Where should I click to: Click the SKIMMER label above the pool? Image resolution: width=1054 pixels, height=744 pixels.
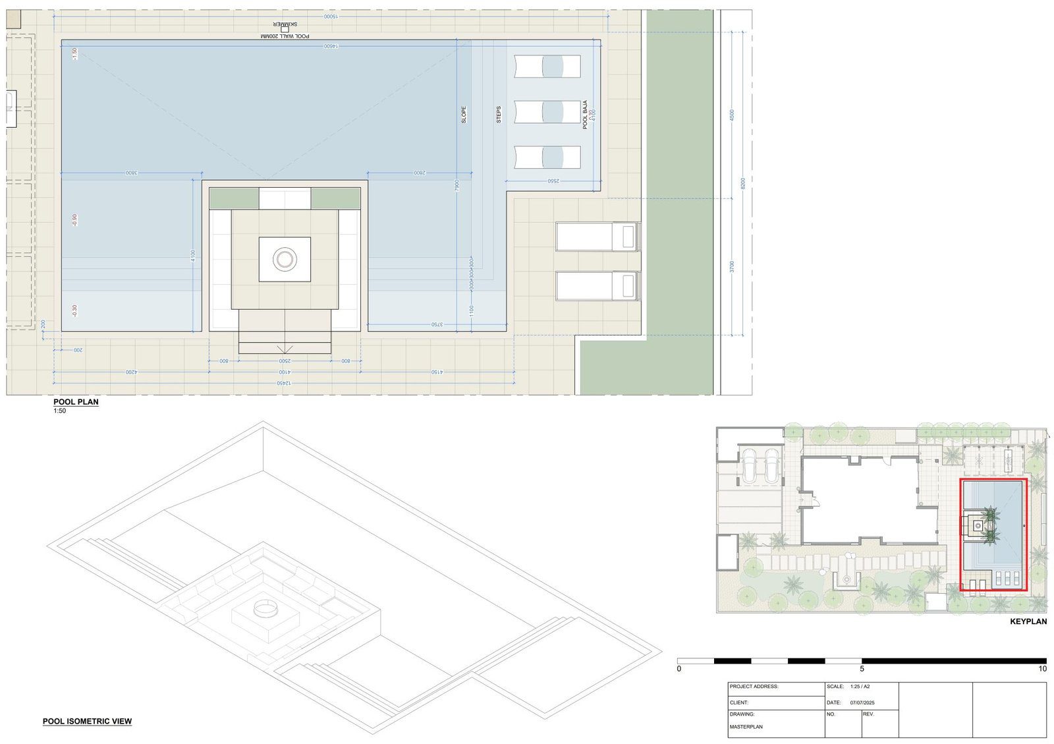tap(285, 24)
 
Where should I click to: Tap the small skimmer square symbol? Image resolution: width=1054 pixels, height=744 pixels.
tap(285, 30)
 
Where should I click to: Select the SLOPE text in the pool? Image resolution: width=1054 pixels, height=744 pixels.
tap(464, 115)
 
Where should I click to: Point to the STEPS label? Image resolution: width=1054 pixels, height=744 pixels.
tap(499, 115)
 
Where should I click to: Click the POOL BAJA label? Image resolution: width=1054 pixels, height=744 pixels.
tap(585, 114)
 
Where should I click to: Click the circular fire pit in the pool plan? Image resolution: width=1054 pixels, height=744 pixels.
tap(285, 259)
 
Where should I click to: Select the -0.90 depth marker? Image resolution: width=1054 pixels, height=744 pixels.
tap(75, 220)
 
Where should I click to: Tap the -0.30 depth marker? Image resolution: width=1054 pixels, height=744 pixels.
tap(75, 310)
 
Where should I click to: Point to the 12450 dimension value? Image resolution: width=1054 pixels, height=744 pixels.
tap(284, 383)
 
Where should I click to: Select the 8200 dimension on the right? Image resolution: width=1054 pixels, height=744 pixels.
tap(742, 183)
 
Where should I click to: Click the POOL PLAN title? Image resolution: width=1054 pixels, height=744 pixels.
tap(76, 401)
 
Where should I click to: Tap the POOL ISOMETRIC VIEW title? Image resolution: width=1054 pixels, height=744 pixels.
tap(87, 721)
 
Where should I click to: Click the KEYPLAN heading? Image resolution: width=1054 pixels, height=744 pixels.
tap(1028, 621)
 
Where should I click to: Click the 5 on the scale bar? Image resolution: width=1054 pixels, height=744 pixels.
tap(862, 669)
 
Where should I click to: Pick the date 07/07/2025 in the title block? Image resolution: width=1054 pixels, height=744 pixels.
tap(862, 702)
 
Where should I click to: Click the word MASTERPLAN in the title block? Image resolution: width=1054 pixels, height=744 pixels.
tap(746, 727)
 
